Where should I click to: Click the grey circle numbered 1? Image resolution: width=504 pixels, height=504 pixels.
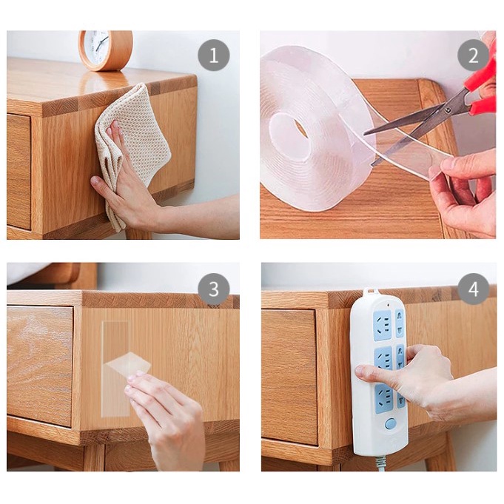coord(214,56)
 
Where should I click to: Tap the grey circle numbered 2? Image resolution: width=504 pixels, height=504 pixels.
coord(473,56)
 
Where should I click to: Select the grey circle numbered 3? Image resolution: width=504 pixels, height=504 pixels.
coord(214,289)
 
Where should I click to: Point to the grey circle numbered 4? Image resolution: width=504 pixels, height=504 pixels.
coord(473,289)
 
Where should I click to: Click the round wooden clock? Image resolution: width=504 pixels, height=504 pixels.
coord(105,50)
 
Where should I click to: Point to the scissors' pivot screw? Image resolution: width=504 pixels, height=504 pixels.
coord(448,110)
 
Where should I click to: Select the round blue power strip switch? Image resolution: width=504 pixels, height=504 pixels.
coord(390,423)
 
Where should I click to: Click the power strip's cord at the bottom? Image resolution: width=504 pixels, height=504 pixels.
coord(380,463)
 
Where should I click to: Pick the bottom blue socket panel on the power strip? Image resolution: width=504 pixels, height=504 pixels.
coord(384,399)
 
